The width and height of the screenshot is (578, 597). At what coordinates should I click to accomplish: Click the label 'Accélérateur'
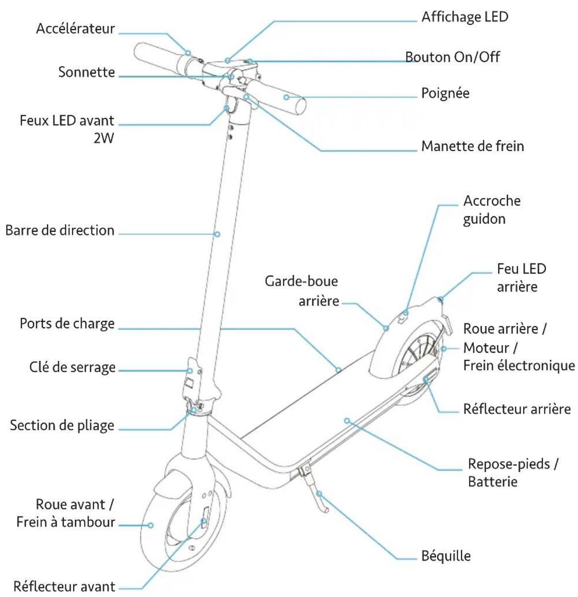(75, 29)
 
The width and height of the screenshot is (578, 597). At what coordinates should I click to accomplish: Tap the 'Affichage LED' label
(465, 17)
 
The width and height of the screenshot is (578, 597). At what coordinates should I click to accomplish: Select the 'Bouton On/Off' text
(452, 57)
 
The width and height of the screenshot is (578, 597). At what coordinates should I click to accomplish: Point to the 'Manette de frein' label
(473, 146)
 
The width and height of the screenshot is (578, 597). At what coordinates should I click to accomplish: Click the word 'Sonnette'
(87, 72)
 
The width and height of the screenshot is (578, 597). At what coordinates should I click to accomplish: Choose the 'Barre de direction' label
(60, 230)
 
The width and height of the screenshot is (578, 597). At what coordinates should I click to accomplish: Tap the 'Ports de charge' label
(67, 324)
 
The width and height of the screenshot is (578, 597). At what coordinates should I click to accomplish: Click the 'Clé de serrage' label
(72, 367)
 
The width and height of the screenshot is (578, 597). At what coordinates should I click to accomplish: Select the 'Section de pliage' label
(62, 425)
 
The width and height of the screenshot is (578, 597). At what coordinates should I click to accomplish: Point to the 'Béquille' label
(446, 556)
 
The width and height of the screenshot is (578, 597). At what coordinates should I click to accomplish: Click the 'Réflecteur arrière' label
(517, 409)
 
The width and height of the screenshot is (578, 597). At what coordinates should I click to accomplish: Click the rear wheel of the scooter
(412, 357)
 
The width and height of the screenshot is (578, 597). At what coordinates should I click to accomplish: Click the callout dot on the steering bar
(217, 234)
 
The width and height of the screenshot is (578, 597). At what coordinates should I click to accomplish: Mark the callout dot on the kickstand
(319, 494)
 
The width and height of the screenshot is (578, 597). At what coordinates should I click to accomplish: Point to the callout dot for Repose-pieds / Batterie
(347, 421)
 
